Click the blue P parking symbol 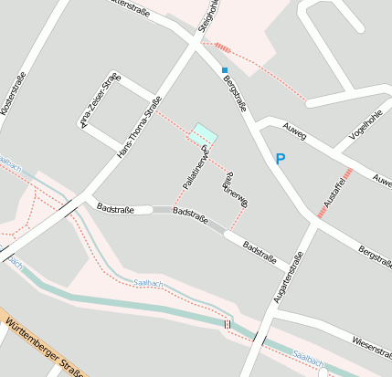(x=281, y=160)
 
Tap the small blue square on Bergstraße (x=225, y=69)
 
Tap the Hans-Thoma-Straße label (x=140, y=125)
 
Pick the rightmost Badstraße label (x=261, y=250)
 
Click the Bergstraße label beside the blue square (x=237, y=94)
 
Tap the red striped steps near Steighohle (x=223, y=47)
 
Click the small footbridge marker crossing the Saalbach (x=228, y=323)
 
